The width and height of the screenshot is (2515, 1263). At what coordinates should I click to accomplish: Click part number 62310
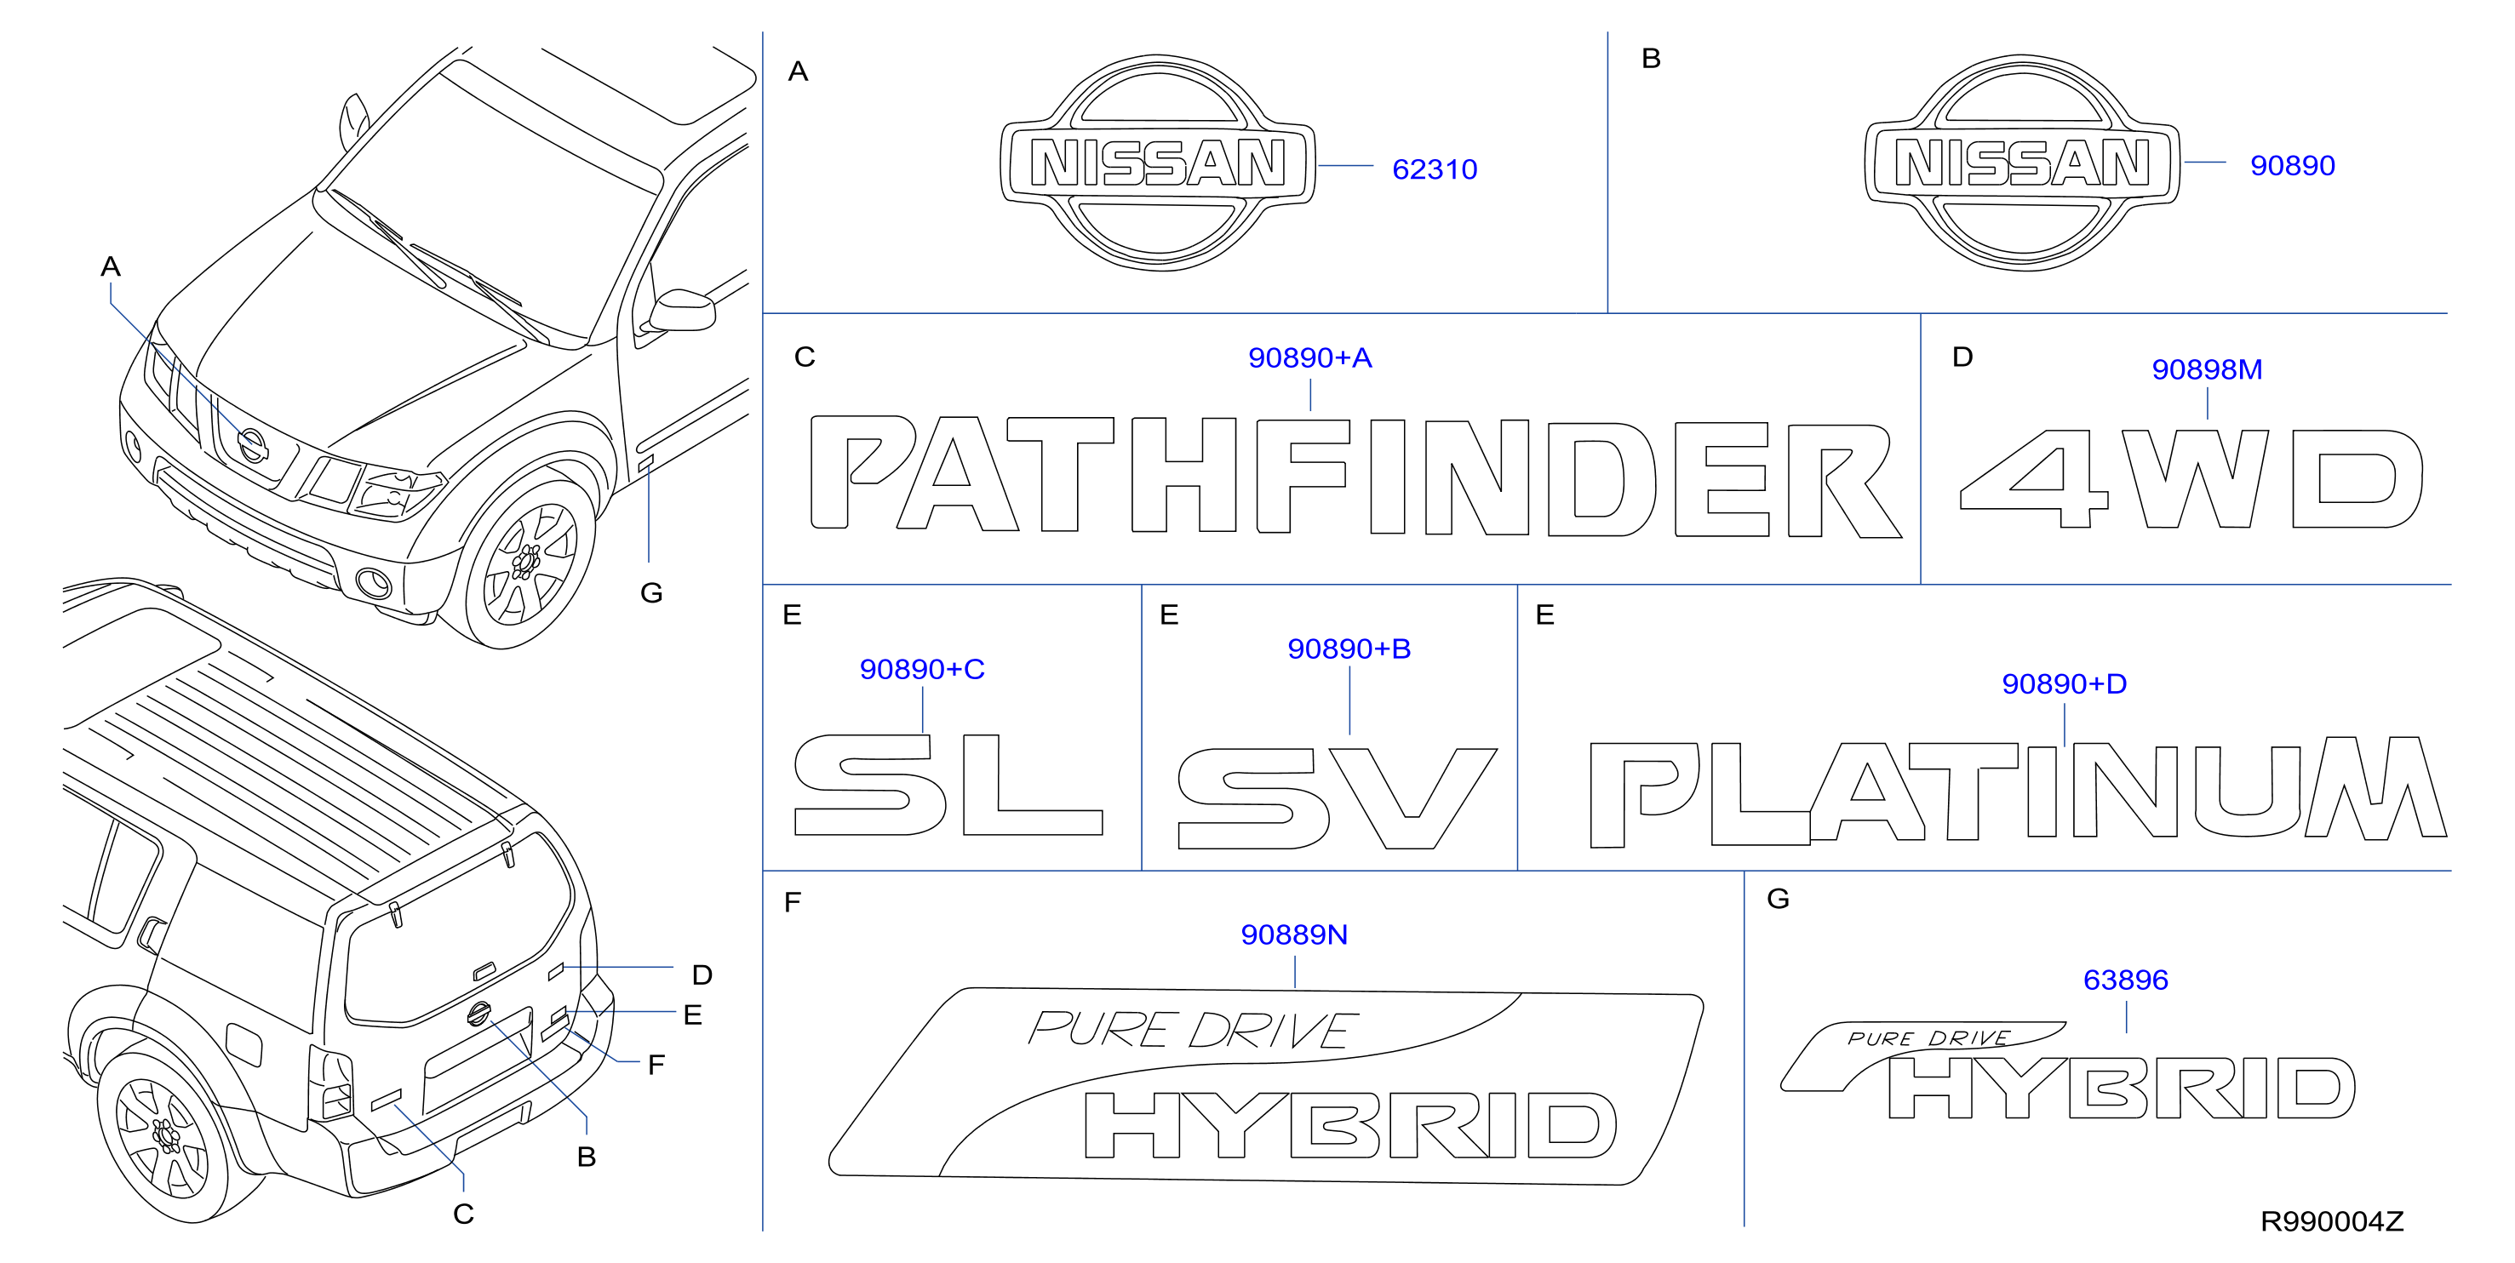1435,170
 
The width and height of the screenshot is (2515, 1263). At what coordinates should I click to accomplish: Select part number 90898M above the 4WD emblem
2207,370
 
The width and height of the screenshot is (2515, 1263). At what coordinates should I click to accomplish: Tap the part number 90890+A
1309,358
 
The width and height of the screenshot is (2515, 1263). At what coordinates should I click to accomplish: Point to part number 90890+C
922,670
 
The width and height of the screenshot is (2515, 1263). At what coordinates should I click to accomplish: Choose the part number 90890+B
1349,649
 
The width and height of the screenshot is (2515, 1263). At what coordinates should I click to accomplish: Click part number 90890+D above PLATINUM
2064,684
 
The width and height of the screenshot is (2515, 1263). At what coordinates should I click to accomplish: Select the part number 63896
2125,980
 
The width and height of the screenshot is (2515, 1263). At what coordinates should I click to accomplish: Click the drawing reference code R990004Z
2331,1221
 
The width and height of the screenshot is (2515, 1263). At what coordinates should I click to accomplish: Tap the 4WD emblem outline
2191,478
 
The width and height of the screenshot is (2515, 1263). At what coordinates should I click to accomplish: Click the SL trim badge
948,785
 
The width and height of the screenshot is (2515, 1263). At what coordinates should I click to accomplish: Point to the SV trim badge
1337,798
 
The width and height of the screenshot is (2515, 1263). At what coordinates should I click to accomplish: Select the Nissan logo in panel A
1158,163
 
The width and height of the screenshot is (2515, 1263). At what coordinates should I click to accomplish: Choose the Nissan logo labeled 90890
2022,163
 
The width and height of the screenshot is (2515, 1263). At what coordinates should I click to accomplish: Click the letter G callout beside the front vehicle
651,593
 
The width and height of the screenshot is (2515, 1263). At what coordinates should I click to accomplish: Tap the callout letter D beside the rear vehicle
702,975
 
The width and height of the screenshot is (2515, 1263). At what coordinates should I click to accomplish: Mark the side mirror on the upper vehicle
683,310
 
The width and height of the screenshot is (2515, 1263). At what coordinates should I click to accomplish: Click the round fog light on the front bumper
374,584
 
